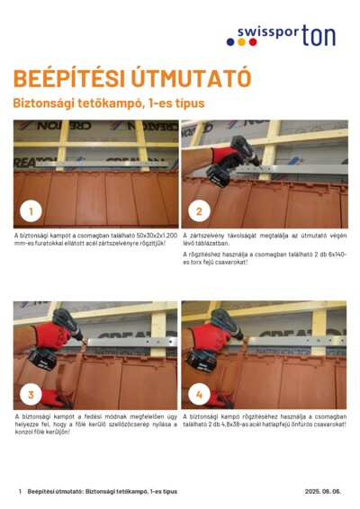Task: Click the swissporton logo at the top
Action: pos(286,36)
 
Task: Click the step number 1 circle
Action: pos(31,211)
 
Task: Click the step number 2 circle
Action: pos(199,211)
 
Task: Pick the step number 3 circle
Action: pos(31,394)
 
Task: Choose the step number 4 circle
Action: pos(199,394)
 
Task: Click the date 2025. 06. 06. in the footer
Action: pos(323,492)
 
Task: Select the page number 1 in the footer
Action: pos(20,492)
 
